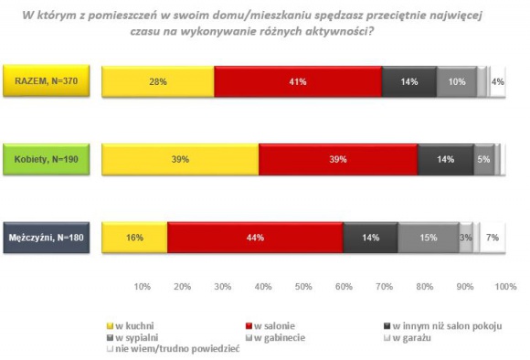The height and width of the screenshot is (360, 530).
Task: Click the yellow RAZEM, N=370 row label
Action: tap(46, 81)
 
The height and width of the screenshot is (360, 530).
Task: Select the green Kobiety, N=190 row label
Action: tap(46, 159)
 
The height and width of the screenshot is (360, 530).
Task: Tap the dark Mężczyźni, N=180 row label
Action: tap(46, 238)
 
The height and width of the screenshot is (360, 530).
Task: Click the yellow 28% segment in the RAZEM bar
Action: tap(157, 81)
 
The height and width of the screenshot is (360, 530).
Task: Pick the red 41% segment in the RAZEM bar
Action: tap(298, 81)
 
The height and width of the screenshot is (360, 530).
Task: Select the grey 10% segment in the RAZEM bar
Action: tap(456, 81)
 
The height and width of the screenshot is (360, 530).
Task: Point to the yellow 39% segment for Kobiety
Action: tap(180, 159)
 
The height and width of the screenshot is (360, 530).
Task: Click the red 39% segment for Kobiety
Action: tap(338, 159)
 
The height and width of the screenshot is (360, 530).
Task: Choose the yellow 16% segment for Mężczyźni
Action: tap(133, 238)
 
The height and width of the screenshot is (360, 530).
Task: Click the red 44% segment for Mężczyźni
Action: tap(255, 238)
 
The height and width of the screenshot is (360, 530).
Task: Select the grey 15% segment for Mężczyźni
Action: tap(429, 238)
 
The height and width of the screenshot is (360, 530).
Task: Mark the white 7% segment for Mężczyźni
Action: tap(492, 238)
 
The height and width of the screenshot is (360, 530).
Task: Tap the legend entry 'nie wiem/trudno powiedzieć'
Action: tap(173, 348)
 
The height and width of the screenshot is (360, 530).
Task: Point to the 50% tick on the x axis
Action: tap(303, 287)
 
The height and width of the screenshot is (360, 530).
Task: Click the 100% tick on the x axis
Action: tap(505, 287)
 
